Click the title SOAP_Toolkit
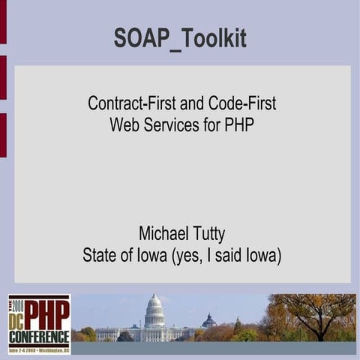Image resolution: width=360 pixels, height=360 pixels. pyautogui.click(x=180, y=37)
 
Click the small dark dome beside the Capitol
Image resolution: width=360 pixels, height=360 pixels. pyautogui.click(x=209, y=321)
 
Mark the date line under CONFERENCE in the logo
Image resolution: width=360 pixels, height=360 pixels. pyautogui.click(x=40, y=349)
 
